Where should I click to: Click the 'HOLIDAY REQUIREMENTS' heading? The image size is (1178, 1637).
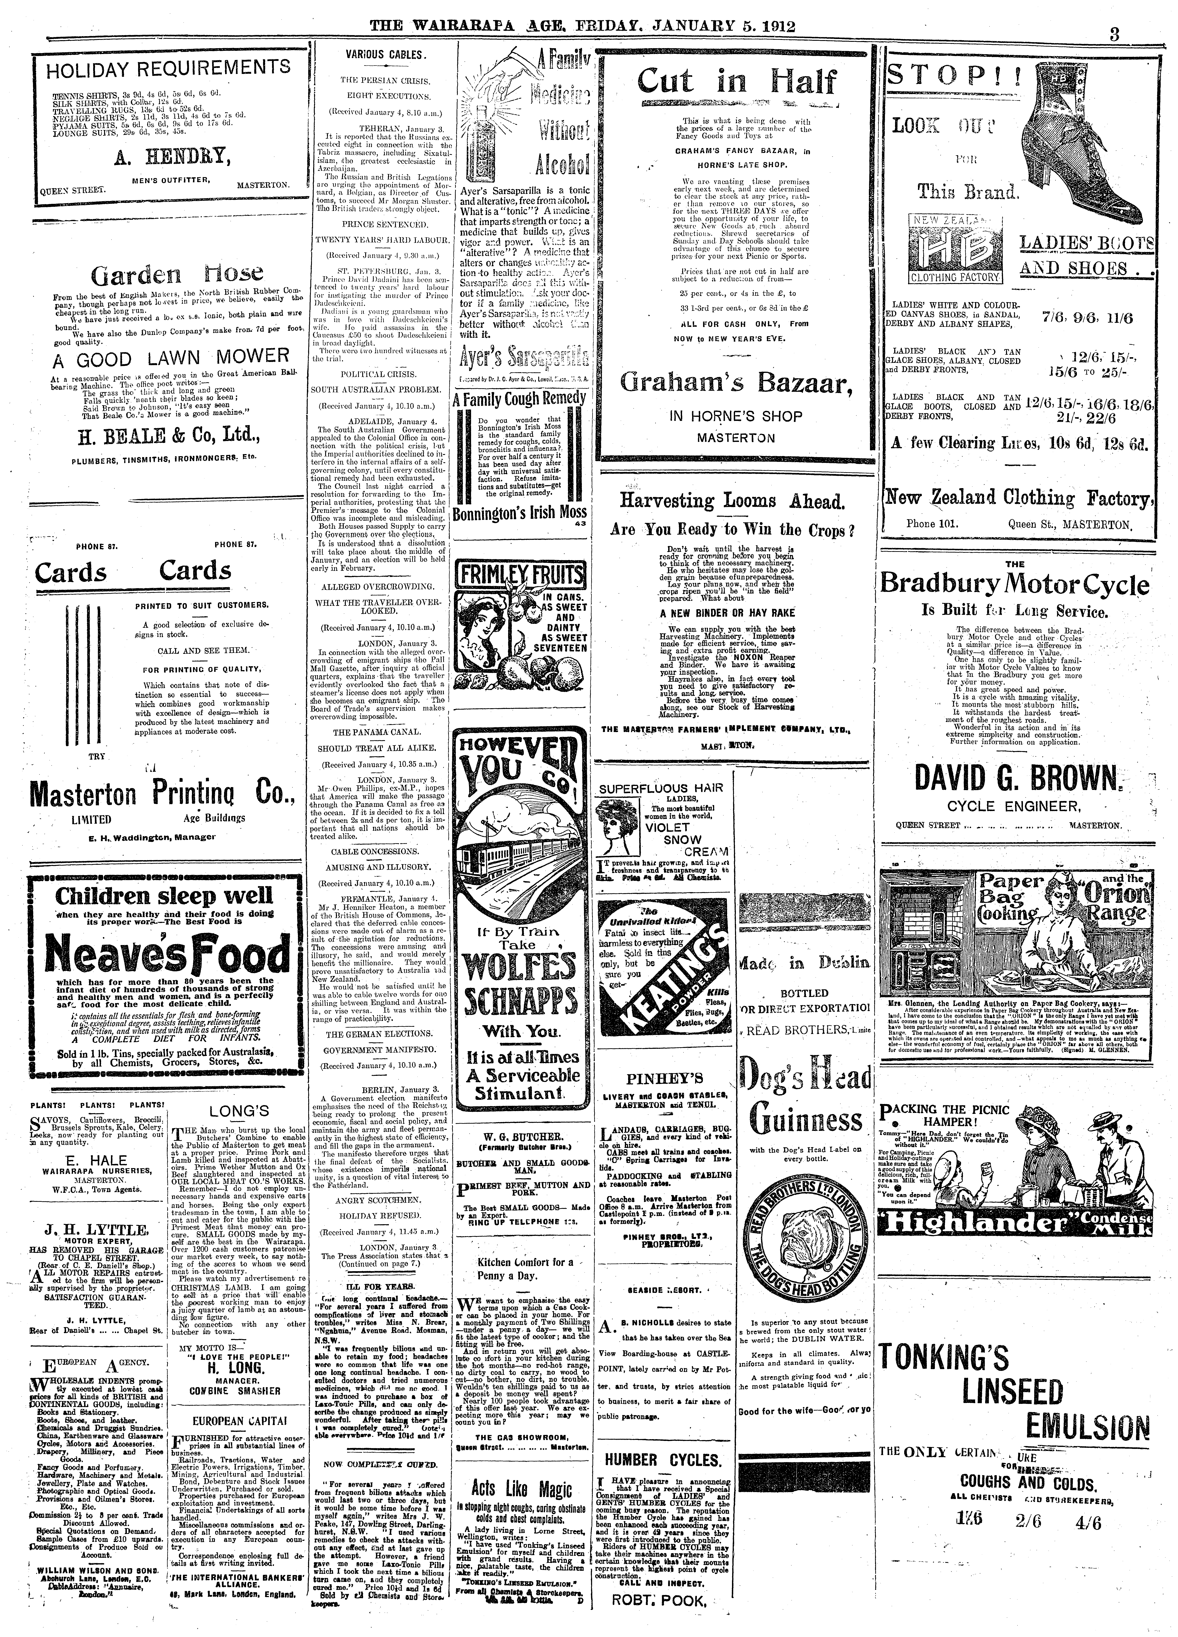[x=168, y=69]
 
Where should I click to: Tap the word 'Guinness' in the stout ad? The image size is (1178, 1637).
[x=806, y=1120]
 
